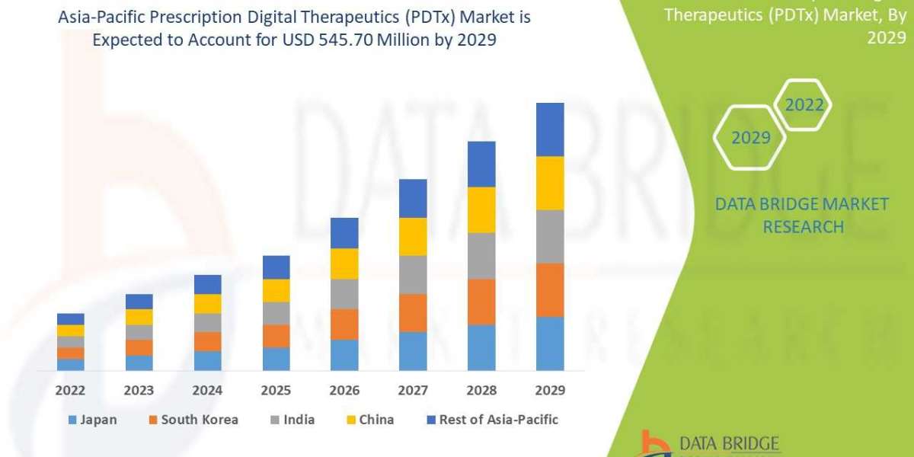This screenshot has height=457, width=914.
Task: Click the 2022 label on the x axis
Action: click(71, 391)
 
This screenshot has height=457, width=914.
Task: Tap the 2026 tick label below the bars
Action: click(344, 391)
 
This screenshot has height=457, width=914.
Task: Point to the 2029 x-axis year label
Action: click(550, 391)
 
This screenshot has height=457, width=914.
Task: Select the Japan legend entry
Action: click(92, 420)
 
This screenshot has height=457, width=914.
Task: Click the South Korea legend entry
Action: click(193, 420)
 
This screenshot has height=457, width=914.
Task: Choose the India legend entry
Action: click(292, 420)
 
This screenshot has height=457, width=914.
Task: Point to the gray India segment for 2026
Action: click(344, 293)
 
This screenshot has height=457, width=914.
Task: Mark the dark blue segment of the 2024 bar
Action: click(207, 284)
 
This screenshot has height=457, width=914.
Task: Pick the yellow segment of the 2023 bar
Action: click(139, 317)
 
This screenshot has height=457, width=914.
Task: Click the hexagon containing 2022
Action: click(804, 105)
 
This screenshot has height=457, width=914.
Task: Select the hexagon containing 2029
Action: click(750, 137)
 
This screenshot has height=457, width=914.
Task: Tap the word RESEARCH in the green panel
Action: click(803, 227)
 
